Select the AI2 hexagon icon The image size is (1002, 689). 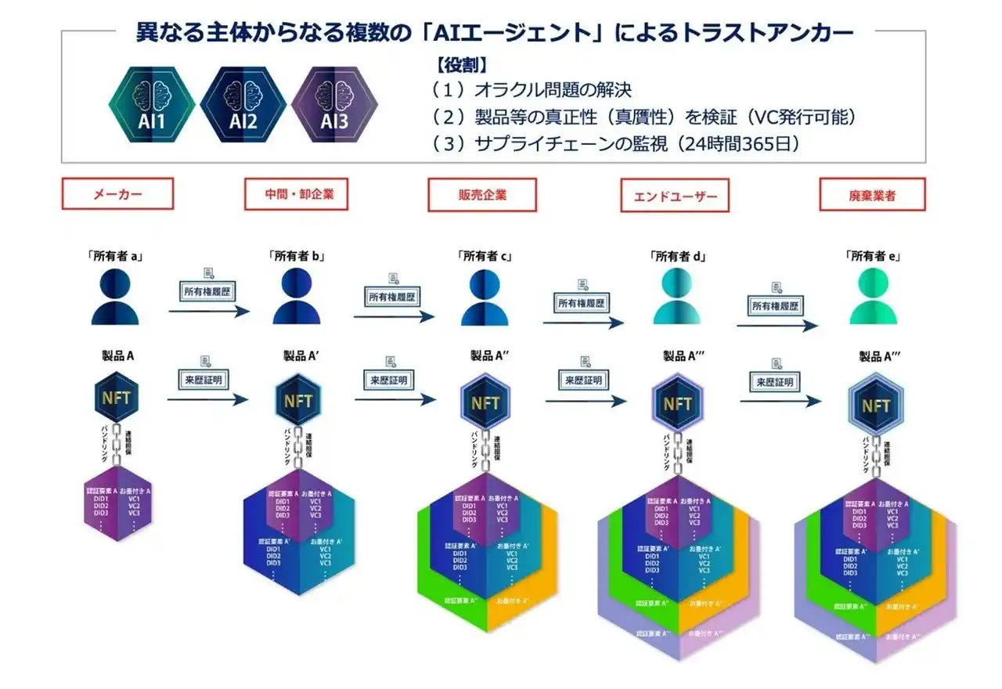(243, 103)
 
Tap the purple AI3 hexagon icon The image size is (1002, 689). (334, 103)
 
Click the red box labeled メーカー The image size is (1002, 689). (117, 194)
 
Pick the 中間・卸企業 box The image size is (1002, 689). (295, 194)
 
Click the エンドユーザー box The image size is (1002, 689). (674, 196)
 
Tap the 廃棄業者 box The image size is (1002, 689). (871, 195)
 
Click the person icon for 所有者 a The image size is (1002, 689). (117, 296)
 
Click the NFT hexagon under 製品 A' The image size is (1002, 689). (298, 401)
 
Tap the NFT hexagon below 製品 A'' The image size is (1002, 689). (486, 402)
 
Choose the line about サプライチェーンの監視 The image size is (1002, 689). (615, 145)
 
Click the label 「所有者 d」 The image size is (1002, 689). (678, 255)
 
